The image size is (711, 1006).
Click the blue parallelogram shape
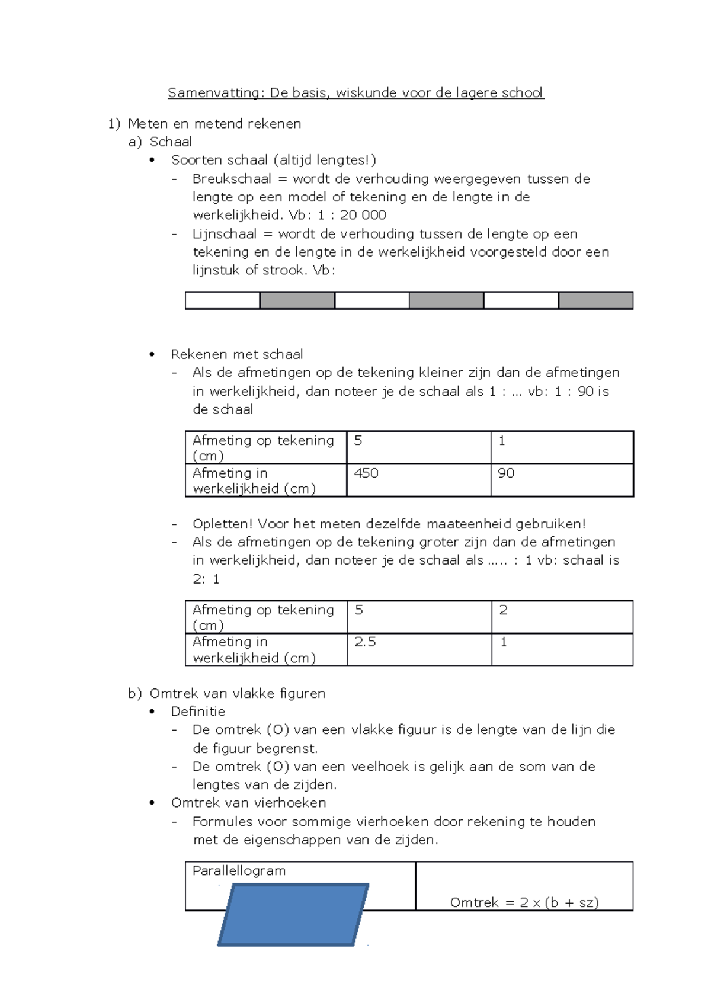293,914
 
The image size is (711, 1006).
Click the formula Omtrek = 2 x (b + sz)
524,902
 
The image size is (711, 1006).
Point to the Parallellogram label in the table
239,871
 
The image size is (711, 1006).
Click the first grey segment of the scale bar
297,300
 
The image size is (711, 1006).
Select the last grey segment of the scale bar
595,300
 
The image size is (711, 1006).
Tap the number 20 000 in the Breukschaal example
363,215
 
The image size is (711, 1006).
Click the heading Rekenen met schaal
237,354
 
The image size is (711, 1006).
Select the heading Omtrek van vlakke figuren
237,693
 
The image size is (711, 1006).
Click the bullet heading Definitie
198,712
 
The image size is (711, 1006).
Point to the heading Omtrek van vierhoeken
248,803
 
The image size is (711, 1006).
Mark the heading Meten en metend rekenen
214,124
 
